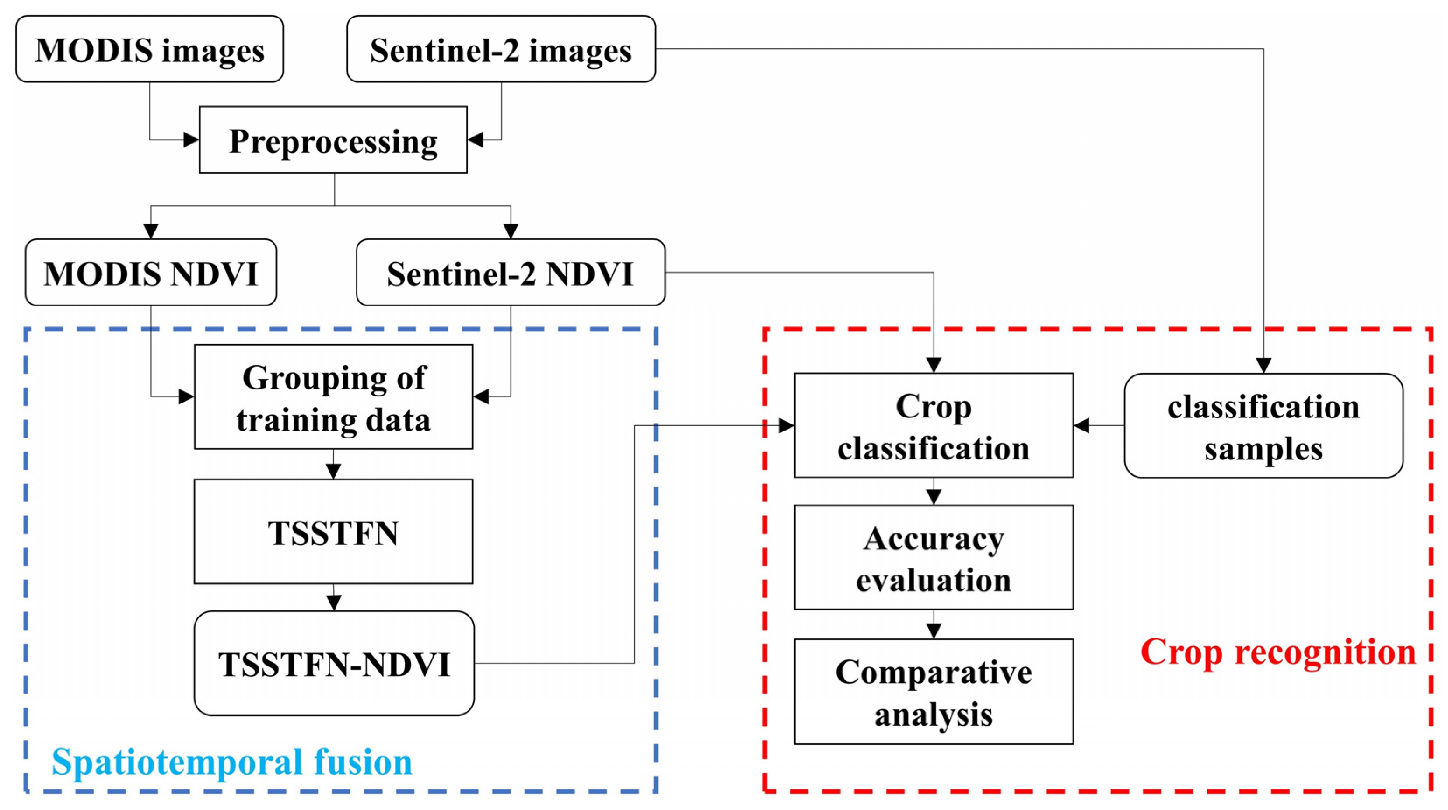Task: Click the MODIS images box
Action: (150, 49)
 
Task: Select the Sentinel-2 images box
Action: (501, 49)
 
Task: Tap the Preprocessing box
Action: (333, 140)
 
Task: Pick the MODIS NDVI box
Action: (150, 273)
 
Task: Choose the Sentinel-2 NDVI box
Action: (511, 273)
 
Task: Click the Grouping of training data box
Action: (333, 397)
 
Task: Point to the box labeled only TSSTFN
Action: (333, 532)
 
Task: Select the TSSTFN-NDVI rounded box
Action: (334, 663)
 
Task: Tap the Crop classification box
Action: (934, 425)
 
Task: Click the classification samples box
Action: (1264, 425)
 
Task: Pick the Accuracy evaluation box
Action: (934, 557)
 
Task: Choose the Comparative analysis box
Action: (934, 691)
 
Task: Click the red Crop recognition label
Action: (1278, 652)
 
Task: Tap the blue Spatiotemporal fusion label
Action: (231, 762)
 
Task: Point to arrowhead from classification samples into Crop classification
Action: (1081, 425)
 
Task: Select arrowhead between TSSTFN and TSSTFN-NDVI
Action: (333, 603)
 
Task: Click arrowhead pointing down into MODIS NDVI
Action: (150, 231)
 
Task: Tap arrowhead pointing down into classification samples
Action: (1264, 365)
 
